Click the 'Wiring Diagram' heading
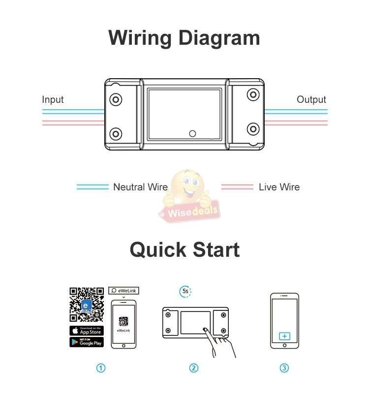[x=184, y=38]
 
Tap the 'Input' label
[x=53, y=99]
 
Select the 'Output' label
[x=311, y=99]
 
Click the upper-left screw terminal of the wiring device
[x=116, y=99]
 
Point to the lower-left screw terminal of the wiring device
[x=116, y=133]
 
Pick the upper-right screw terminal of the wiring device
[x=253, y=95]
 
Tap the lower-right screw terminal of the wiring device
[x=253, y=129]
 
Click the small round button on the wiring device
[x=192, y=133]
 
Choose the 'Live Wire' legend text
[x=279, y=187]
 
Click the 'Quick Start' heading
[x=184, y=249]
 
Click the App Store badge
[x=86, y=330]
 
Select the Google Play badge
[x=86, y=342]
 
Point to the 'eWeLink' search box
[x=123, y=291]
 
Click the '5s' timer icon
[x=185, y=291]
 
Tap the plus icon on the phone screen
[x=284, y=336]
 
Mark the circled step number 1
[x=101, y=368]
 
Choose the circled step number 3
[x=284, y=368]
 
